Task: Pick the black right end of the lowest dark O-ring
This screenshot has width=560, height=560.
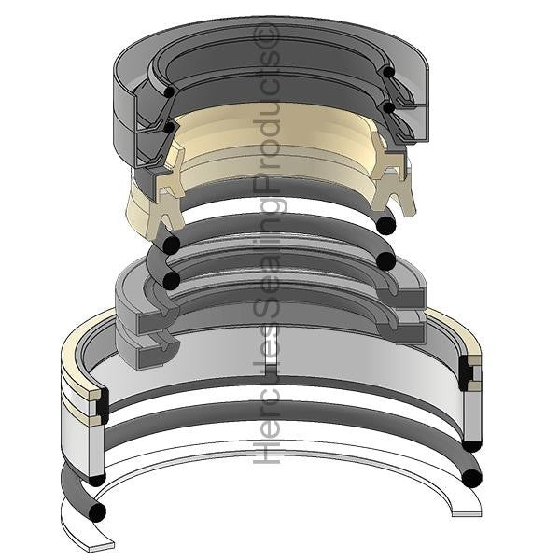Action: point(471,479)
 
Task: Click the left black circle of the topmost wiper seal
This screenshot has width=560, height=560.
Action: point(168,91)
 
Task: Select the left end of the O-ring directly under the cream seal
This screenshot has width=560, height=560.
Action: point(170,245)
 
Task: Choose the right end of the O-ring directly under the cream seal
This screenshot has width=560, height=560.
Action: point(385,224)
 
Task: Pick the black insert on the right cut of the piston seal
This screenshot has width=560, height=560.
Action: point(466,373)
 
